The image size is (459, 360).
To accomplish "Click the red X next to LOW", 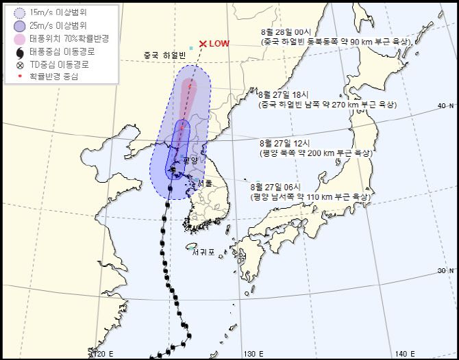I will click(203, 44).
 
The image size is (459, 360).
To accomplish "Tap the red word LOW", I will click(219, 44).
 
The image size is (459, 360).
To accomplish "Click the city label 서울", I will click(205, 183).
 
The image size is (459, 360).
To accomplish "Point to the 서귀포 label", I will click(203, 252).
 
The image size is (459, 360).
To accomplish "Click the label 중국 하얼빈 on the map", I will click(165, 55).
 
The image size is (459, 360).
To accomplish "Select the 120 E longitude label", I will click(101, 353).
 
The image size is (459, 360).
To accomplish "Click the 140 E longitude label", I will click(404, 353).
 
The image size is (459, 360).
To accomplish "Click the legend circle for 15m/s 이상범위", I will click(18, 12).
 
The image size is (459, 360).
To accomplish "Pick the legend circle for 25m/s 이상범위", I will click(18, 25).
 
